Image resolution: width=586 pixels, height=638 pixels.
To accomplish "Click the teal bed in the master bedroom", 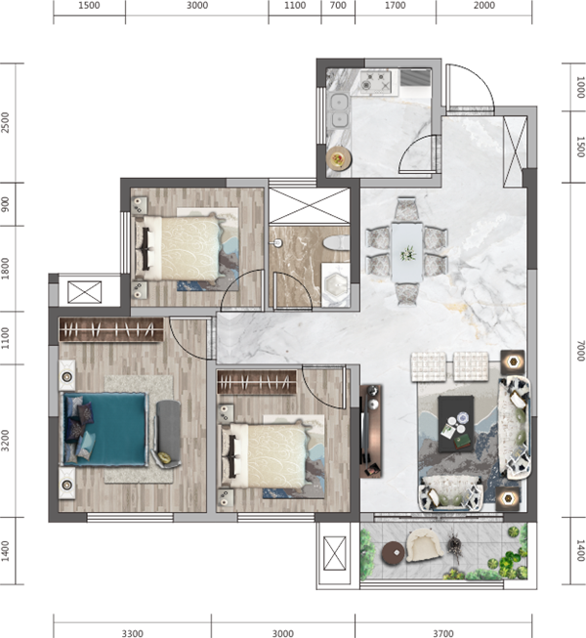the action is click(105, 429).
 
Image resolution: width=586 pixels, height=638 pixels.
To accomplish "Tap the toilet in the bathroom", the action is click(336, 243).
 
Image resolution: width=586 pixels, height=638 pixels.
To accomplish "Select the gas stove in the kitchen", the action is click(375, 81).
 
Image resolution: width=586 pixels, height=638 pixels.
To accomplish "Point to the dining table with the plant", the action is click(406, 252).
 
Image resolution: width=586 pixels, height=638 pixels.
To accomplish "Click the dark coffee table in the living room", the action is click(456, 424).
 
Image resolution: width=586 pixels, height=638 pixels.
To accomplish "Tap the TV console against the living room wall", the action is click(371, 431).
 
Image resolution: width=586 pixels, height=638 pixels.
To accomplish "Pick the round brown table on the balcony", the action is click(394, 553).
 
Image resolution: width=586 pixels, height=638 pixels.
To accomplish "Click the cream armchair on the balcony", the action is click(425, 545).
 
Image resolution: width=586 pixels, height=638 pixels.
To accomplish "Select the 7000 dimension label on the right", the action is click(580, 351).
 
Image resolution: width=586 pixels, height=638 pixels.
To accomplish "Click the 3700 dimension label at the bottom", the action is click(442, 633).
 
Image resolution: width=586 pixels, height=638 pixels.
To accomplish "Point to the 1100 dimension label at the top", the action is click(295, 5).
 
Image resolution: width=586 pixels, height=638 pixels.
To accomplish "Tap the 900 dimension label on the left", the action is click(5, 204).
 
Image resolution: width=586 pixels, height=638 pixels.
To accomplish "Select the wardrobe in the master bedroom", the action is click(111, 329).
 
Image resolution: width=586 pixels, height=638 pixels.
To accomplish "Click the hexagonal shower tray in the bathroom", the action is click(336, 284).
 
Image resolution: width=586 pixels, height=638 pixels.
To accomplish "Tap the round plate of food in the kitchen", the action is click(338, 158).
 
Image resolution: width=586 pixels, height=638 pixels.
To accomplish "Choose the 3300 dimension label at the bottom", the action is click(132, 633).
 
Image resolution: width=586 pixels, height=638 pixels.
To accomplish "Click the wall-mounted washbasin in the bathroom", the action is click(277, 243).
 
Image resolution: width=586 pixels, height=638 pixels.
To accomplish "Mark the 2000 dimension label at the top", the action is click(483, 5).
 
